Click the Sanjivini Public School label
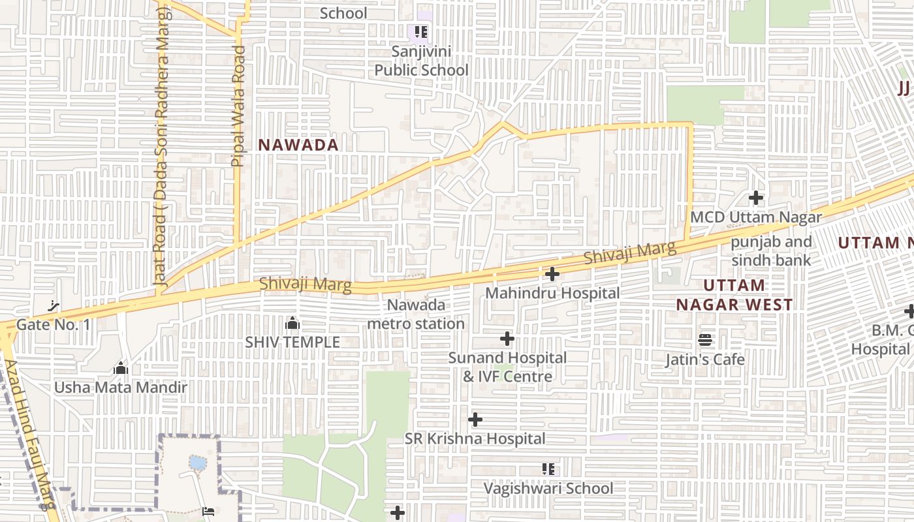coord(421,61)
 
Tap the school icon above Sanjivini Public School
coord(421,31)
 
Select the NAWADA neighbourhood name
coord(298,145)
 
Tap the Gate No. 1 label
coord(54,324)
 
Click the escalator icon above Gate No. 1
coord(55,305)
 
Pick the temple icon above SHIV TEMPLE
coord(292,323)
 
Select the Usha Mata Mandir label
coord(121,388)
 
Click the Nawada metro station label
coord(417,314)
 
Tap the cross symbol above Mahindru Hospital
coord(552,274)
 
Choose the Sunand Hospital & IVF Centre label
coord(507,367)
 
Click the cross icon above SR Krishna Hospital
coord(475,419)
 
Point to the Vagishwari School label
coord(548,488)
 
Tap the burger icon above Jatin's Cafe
coord(705,340)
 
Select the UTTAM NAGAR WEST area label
coord(734,295)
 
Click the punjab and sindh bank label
coord(771,251)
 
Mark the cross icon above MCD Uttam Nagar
coord(756,197)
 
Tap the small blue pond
coord(197,463)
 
